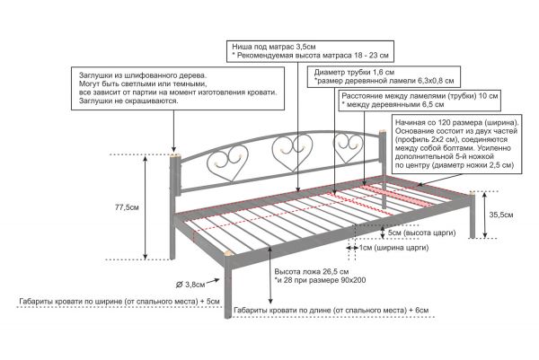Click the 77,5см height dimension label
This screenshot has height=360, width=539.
[x=127, y=207]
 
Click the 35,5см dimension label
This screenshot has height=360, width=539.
[x=501, y=215]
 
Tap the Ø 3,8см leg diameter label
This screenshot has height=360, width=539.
[x=190, y=285]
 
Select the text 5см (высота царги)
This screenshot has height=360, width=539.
[x=421, y=233]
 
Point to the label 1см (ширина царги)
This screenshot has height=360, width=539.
[x=394, y=247]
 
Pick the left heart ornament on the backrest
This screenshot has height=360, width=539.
[x=228, y=162]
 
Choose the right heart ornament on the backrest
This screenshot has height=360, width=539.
[x=348, y=147]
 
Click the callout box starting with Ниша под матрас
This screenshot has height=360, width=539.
[x=310, y=51]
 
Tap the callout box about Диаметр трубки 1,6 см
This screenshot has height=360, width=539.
[x=384, y=77]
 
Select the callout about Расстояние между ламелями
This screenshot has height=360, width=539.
[x=420, y=101]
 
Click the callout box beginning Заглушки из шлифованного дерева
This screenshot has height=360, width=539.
[x=178, y=88]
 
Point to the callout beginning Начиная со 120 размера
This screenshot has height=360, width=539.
[x=457, y=145]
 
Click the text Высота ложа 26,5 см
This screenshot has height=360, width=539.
[x=312, y=271]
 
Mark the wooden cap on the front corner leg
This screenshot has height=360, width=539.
[x=228, y=253]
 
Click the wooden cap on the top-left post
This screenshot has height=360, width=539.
[x=174, y=156]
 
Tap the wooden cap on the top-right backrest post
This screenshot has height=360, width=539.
[x=383, y=133]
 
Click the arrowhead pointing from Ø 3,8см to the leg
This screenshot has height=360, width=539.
[x=217, y=279]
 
